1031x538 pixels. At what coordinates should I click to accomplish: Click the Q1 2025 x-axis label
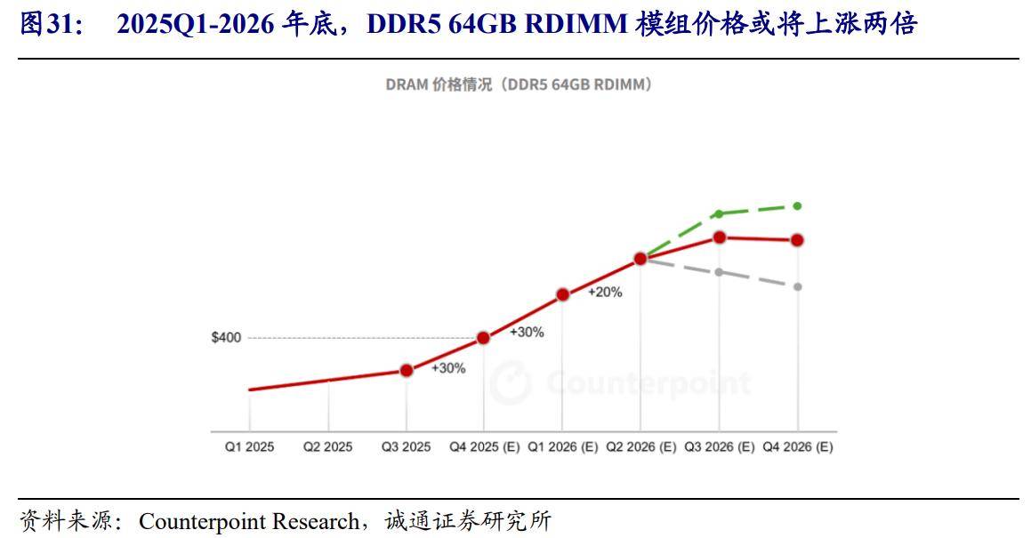pos(249,447)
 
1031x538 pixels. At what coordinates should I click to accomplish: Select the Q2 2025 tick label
pos(327,447)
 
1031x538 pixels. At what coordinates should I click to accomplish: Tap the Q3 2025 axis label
pos(406,447)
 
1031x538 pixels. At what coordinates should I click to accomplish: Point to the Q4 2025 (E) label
pos(484,447)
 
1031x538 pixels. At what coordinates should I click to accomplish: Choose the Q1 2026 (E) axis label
pos(562,447)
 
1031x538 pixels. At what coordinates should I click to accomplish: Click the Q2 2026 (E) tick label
pos(640,447)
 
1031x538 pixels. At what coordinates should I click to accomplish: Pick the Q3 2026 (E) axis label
pos(719,447)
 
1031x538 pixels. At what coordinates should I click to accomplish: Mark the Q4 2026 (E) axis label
pos(798,447)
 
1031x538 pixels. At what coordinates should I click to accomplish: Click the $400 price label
pos(226,338)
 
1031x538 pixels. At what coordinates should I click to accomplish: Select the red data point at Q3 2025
pos(407,370)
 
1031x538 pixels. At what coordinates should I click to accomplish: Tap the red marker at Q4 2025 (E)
pos(484,338)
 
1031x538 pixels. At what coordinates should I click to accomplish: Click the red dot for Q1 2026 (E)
pos(562,294)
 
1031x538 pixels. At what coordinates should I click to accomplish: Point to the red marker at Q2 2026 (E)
pos(640,259)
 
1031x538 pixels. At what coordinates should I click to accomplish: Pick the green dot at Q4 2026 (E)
pos(798,205)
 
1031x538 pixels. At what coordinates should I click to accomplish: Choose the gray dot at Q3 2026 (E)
pos(719,271)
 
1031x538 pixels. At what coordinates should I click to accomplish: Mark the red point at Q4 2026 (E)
pos(798,240)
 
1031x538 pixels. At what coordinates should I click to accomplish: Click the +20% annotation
pos(605,292)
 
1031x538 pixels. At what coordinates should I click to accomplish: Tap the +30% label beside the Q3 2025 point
pos(448,368)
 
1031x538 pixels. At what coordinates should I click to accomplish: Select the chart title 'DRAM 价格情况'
pos(520,84)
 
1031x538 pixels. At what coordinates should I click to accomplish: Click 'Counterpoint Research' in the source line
pos(249,520)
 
